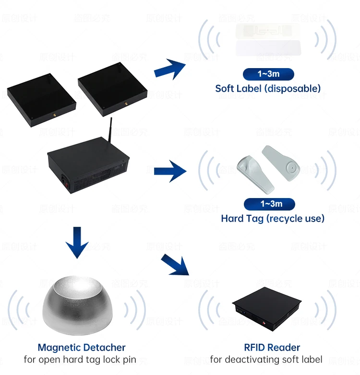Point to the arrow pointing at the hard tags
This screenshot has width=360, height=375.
point(169,171)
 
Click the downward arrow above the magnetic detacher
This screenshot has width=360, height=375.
point(77,242)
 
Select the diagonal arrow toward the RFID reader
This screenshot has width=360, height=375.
point(175,265)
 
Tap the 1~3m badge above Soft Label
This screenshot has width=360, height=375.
point(268,74)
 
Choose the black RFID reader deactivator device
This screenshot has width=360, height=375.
point(267,310)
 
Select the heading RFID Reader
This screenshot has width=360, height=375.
point(272,347)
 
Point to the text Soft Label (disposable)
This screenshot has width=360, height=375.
point(268,88)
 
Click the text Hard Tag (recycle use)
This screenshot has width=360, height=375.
point(273,218)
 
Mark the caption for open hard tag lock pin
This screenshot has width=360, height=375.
point(80,360)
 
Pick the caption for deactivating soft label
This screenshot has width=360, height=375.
point(266,360)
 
